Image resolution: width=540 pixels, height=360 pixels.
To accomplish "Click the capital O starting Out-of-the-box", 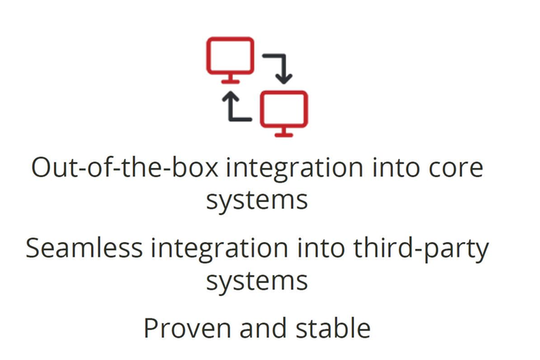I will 42,167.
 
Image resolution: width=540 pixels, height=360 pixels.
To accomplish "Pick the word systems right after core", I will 257,201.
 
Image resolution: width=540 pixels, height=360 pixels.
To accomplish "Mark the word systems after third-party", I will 257,281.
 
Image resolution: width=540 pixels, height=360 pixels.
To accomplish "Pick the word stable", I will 336,329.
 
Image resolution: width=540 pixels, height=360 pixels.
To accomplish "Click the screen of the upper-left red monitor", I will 229,56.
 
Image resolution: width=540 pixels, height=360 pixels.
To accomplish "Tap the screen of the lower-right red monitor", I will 284,109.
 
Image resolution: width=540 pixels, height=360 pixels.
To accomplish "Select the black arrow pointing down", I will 282,68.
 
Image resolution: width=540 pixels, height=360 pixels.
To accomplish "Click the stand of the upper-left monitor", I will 229,79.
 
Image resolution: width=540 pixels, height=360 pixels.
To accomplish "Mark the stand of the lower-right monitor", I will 284,133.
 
